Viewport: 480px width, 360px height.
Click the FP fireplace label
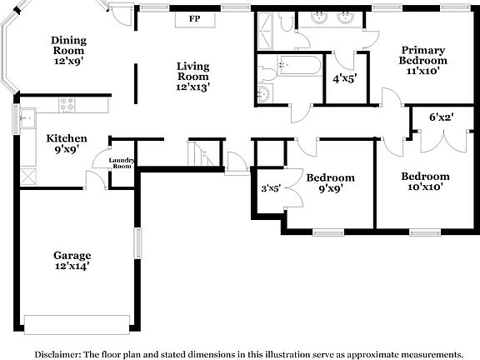(x=194, y=18)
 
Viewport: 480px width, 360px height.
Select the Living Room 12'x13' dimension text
(x=192, y=86)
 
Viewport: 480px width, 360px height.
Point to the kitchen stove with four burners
(x=67, y=106)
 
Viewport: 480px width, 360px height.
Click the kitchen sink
(x=27, y=114)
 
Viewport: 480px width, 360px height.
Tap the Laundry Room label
(x=122, y=162)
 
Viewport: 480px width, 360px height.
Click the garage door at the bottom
(x=77, y=323)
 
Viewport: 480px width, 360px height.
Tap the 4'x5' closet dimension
(x=344, y=80)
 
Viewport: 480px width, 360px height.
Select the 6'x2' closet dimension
(x=441, y=118)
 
